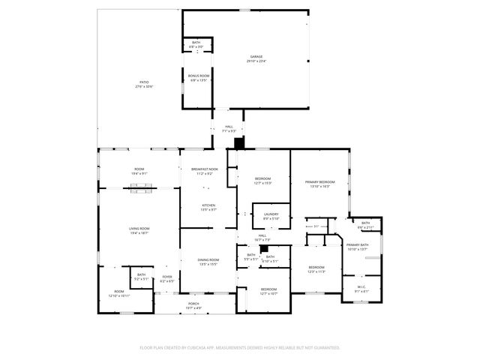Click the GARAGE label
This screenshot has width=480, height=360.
coord(256,56)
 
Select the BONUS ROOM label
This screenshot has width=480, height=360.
coord(199,76)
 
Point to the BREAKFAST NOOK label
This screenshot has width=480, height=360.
coord(204,169)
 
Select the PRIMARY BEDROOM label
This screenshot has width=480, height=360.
coord(319,181)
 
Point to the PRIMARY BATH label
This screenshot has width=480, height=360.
coord(357,245)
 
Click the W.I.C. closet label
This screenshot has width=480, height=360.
coord(361,286)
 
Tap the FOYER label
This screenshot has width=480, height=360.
coord(166,277)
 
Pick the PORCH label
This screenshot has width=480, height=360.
coord(193,304)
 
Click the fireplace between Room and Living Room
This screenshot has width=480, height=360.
coord(139,188)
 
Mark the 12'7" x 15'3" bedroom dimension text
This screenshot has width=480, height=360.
coord(262,182)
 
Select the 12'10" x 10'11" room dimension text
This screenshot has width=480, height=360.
coord(118,296)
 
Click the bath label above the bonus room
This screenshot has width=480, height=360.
coord(196,43)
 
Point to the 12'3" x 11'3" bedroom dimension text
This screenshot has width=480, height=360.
coord(316,272)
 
